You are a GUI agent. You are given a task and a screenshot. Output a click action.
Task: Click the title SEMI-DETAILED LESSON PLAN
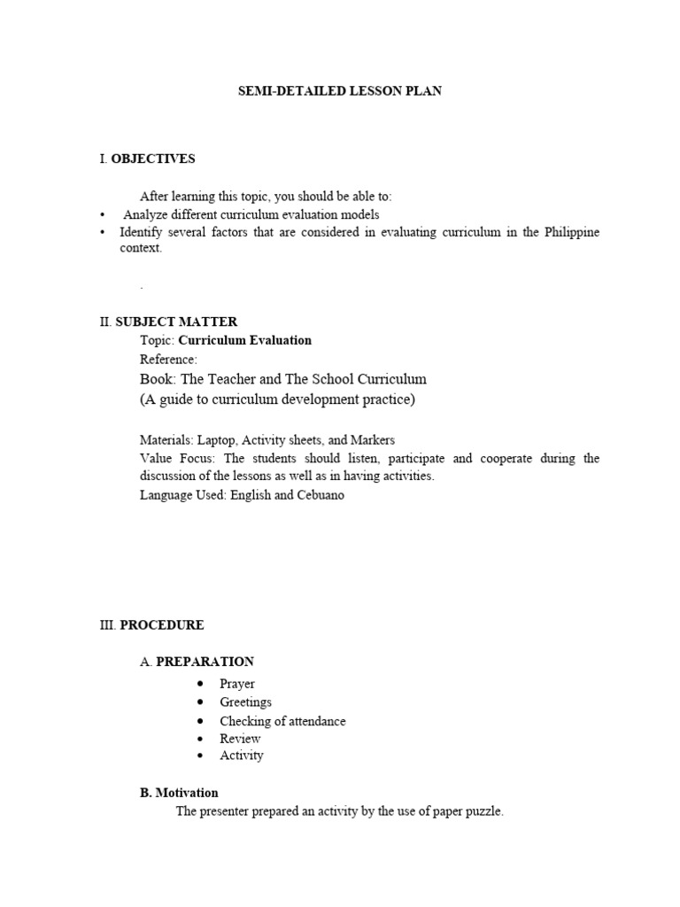click(x=340, y=92)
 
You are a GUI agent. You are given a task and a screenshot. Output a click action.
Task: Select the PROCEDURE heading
click(x=162, y=624)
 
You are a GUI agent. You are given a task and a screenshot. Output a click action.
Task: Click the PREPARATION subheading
click(x=205, y=662)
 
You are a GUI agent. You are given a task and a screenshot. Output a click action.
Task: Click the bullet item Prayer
click(x=237, y=684)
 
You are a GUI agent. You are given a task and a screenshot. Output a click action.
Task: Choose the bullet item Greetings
click(x=246, y=702)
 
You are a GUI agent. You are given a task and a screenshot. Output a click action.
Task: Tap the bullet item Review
click(x=240, y=739)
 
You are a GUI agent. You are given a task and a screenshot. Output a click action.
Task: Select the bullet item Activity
click(x=242, y=756)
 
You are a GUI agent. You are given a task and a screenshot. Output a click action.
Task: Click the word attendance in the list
click(x=314, y=721)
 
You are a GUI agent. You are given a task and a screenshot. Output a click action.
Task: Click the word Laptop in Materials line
click(x=216, y=439)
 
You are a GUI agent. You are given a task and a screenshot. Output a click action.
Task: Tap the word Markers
click(x=375, y=439)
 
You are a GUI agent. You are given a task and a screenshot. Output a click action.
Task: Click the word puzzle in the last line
click(x=483, y=811)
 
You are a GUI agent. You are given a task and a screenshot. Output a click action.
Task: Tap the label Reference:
click(x=168, y=359)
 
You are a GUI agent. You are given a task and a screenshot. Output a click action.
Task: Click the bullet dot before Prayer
click(x=202, y=684)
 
